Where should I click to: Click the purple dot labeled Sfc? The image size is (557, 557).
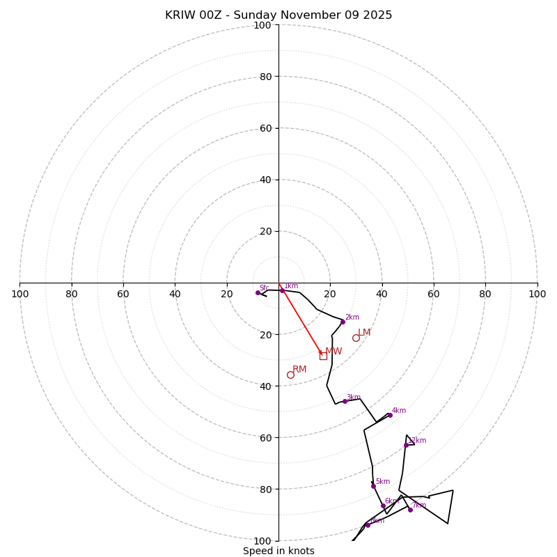tap(258, 292)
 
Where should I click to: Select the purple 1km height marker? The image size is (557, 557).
tap(282, 290)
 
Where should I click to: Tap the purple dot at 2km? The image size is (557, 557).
tap(343, 322)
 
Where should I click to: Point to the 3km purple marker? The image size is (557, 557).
tap(345, 401)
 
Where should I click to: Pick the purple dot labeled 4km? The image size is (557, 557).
tap(390, 415)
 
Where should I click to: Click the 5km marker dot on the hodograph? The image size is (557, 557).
tap(373, 486)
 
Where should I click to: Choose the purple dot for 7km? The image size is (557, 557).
tap(410, 510)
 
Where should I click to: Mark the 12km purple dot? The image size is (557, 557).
tap(406, 445)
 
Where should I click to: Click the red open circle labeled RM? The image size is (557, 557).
tap(290, 375)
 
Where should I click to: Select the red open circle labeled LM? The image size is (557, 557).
tap(356, 338)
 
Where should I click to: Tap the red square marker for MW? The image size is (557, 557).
tap(323, 356)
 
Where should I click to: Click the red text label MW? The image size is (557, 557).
tap(334, 352)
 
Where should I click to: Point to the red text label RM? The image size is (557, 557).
tap(299, 370)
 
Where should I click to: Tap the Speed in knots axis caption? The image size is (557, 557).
tap(278, 551)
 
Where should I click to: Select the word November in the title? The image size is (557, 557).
tap(305, 15)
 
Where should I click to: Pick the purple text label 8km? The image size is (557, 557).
tap(377, 520)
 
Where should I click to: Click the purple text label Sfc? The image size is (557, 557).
tap(264, 288)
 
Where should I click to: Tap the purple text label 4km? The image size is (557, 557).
tap(398, 411)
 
